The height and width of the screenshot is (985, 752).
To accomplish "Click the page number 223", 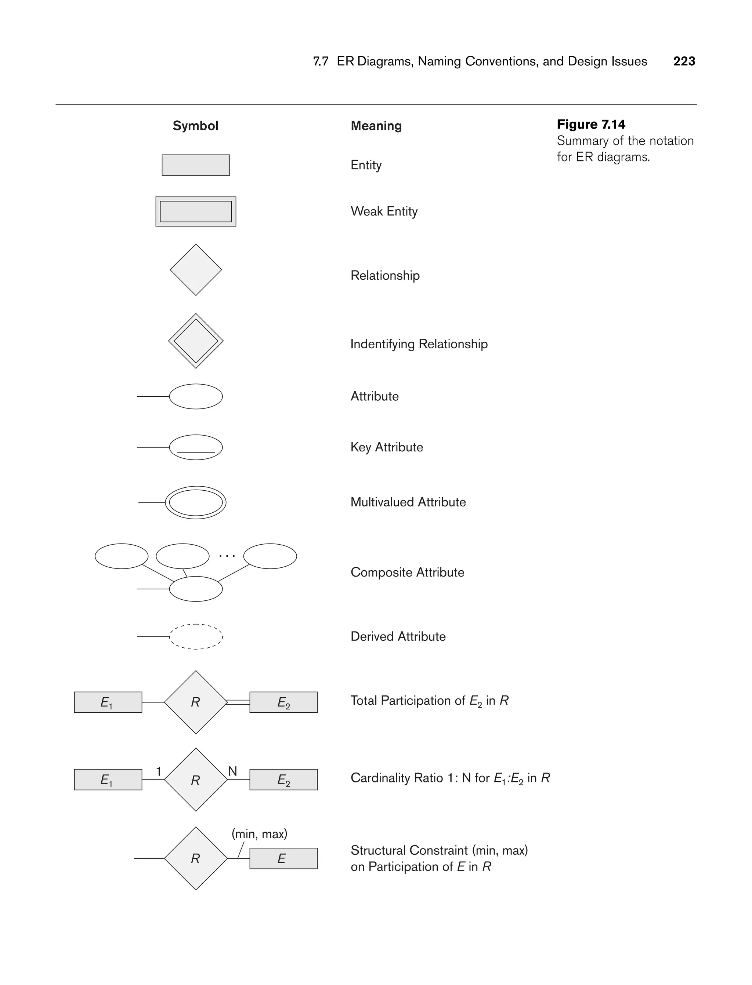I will point(684,61).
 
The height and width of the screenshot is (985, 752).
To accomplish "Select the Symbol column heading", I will point(195,126).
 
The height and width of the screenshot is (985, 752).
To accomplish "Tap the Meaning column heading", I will point(376,126).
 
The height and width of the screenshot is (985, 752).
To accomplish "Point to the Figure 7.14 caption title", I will point(591,124).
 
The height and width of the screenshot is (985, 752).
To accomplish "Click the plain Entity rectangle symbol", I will point(196,165).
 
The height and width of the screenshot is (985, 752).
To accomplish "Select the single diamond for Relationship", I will point(196,270).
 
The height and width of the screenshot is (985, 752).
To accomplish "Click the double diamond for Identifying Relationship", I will point(196,341).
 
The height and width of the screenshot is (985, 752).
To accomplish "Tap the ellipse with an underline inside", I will point(196,447).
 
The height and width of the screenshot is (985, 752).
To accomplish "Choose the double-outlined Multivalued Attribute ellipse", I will point(196,502).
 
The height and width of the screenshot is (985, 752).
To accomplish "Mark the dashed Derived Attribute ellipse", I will point(196,636).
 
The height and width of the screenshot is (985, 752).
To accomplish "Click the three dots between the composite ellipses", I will point(227,556).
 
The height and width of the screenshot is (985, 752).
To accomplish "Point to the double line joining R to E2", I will point(238,702).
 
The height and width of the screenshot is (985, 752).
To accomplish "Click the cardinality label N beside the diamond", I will point(232,771).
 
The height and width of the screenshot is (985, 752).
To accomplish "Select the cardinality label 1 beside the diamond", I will point(159,771).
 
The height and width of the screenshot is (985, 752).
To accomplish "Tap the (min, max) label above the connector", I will point(259,834).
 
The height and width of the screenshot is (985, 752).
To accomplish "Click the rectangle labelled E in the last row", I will point(283,858).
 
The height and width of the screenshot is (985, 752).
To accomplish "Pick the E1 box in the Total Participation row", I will point(108,702).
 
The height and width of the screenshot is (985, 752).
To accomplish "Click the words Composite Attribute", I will point(407,573).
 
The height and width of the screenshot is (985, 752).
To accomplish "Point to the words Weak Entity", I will point(384,211).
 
